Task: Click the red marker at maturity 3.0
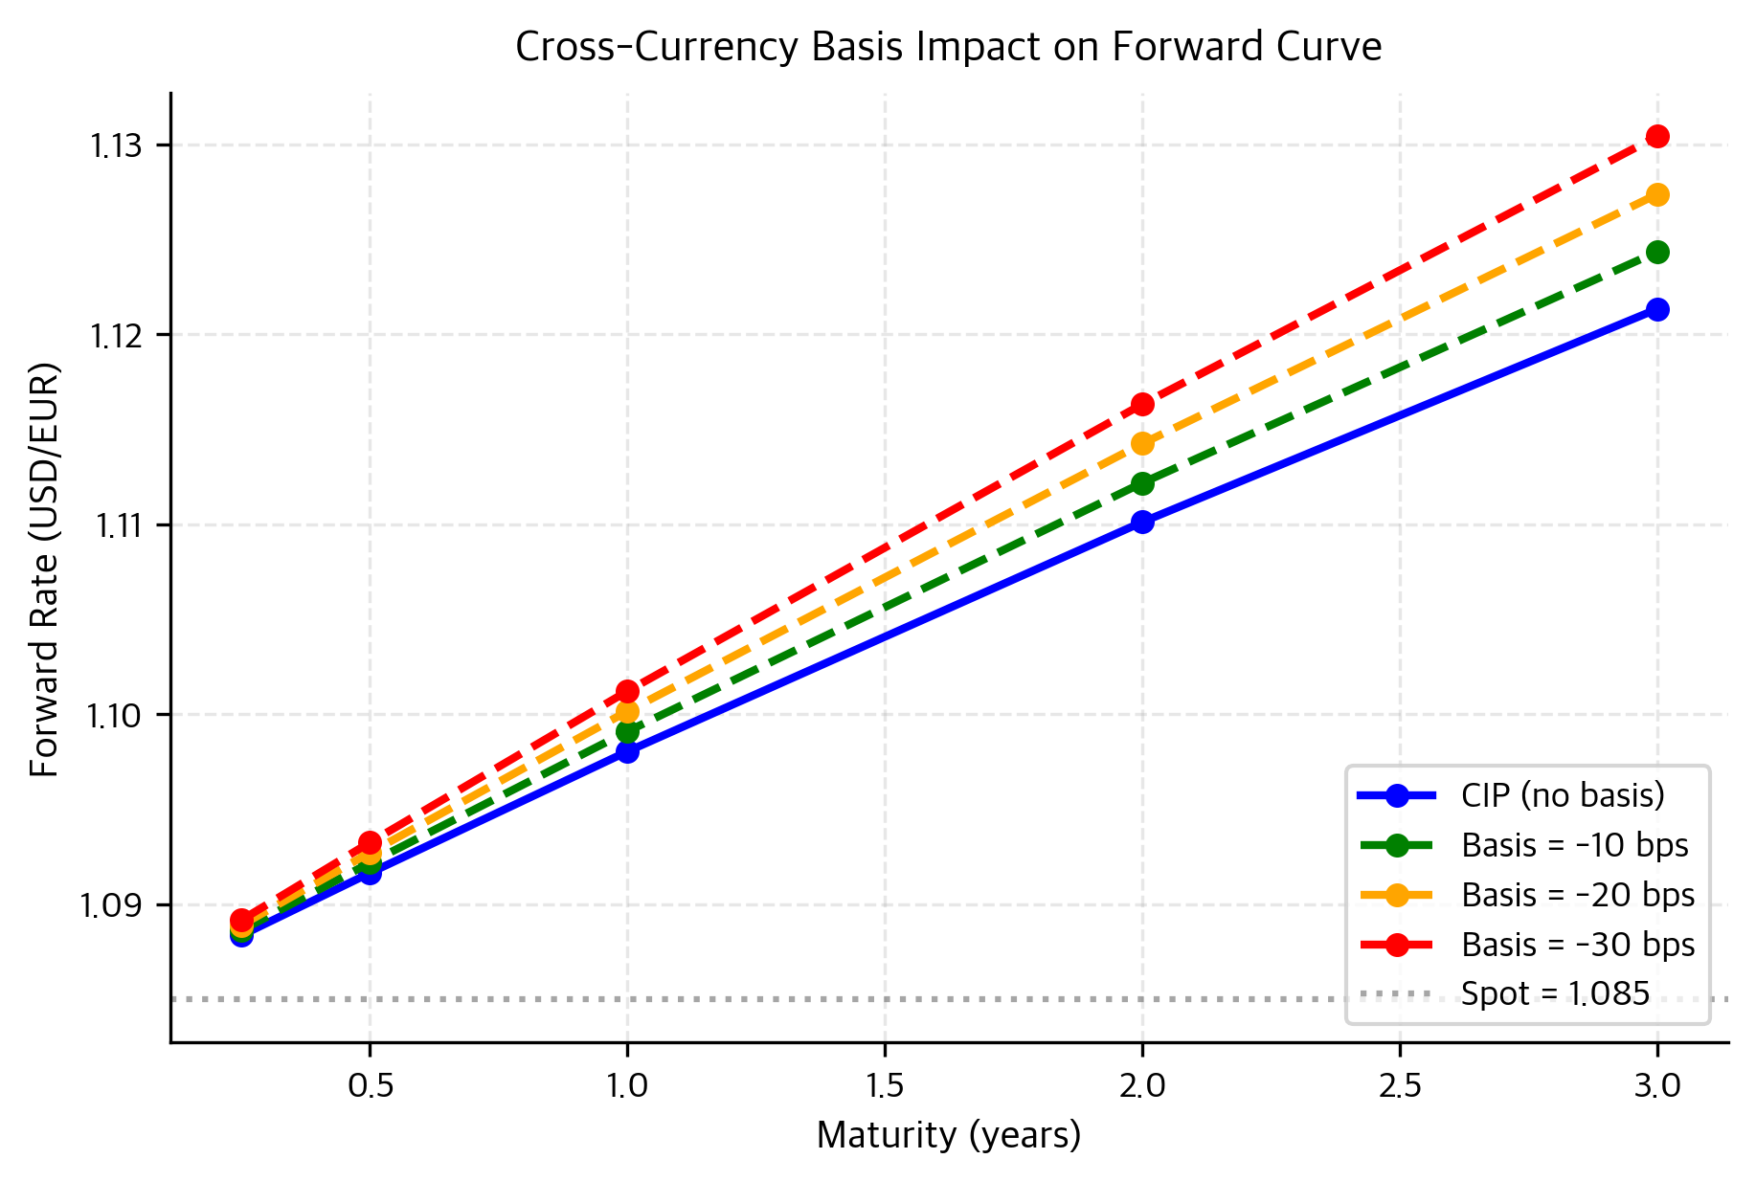click(1657, 136)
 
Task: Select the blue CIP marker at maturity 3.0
click(1657, 309)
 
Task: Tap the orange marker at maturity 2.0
click(1142, 443)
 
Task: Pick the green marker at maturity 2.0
click(1142, 483)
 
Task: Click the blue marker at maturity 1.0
click(627, 751)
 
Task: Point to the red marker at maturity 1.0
click(627, 691)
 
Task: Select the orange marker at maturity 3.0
click(1657, 194)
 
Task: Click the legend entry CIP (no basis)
click(1562, 795)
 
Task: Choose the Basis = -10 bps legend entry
click(1574, 845)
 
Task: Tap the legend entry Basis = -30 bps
click(1577, 945)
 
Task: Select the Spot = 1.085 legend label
click(1555, 994)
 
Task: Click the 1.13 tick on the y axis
click(115, 145)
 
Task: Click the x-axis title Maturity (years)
click(948, 1136)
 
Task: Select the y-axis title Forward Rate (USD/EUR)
click(44, 568)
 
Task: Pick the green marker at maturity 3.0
click(1657, 252)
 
